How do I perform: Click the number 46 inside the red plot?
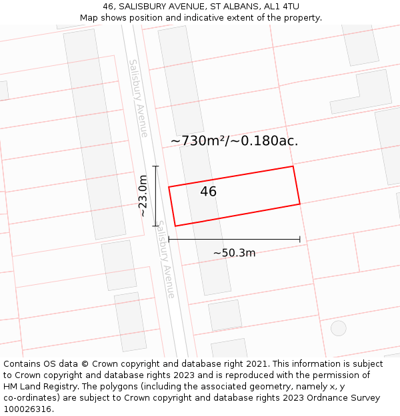point(208,192)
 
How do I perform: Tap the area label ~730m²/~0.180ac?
point(234,140)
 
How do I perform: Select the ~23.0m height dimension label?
point(143,196)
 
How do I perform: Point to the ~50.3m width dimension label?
point(234,253)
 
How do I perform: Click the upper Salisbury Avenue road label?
point(139,98)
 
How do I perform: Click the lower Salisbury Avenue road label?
point(166,259)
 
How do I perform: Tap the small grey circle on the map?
point(339,327)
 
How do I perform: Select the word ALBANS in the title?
point(225,7)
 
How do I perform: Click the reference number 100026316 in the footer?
point(27,409)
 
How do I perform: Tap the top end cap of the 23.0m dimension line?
point(156,166)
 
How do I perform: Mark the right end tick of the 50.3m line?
point(300,240)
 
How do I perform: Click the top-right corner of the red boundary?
point(293,166)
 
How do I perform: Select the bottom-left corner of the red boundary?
point(175,226)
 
